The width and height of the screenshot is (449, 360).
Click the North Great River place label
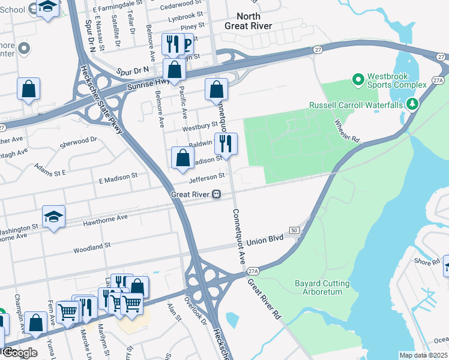point(248,21)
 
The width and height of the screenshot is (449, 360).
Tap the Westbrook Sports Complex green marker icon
point(358,79)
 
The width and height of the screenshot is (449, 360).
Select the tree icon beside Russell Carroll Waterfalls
point(412,104)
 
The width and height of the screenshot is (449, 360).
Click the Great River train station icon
point(215,194)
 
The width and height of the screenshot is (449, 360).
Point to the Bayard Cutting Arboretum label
point(322,287)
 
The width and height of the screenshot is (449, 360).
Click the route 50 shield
point(294,230)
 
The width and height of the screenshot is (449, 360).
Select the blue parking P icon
point(187,44)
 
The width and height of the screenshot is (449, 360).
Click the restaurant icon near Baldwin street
point(226,143)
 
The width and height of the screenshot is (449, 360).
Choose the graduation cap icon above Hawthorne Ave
point(53,216)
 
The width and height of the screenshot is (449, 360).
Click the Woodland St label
point(92,245)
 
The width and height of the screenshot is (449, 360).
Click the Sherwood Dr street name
point(78,142)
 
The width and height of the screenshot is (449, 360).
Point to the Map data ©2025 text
point(423,355)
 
